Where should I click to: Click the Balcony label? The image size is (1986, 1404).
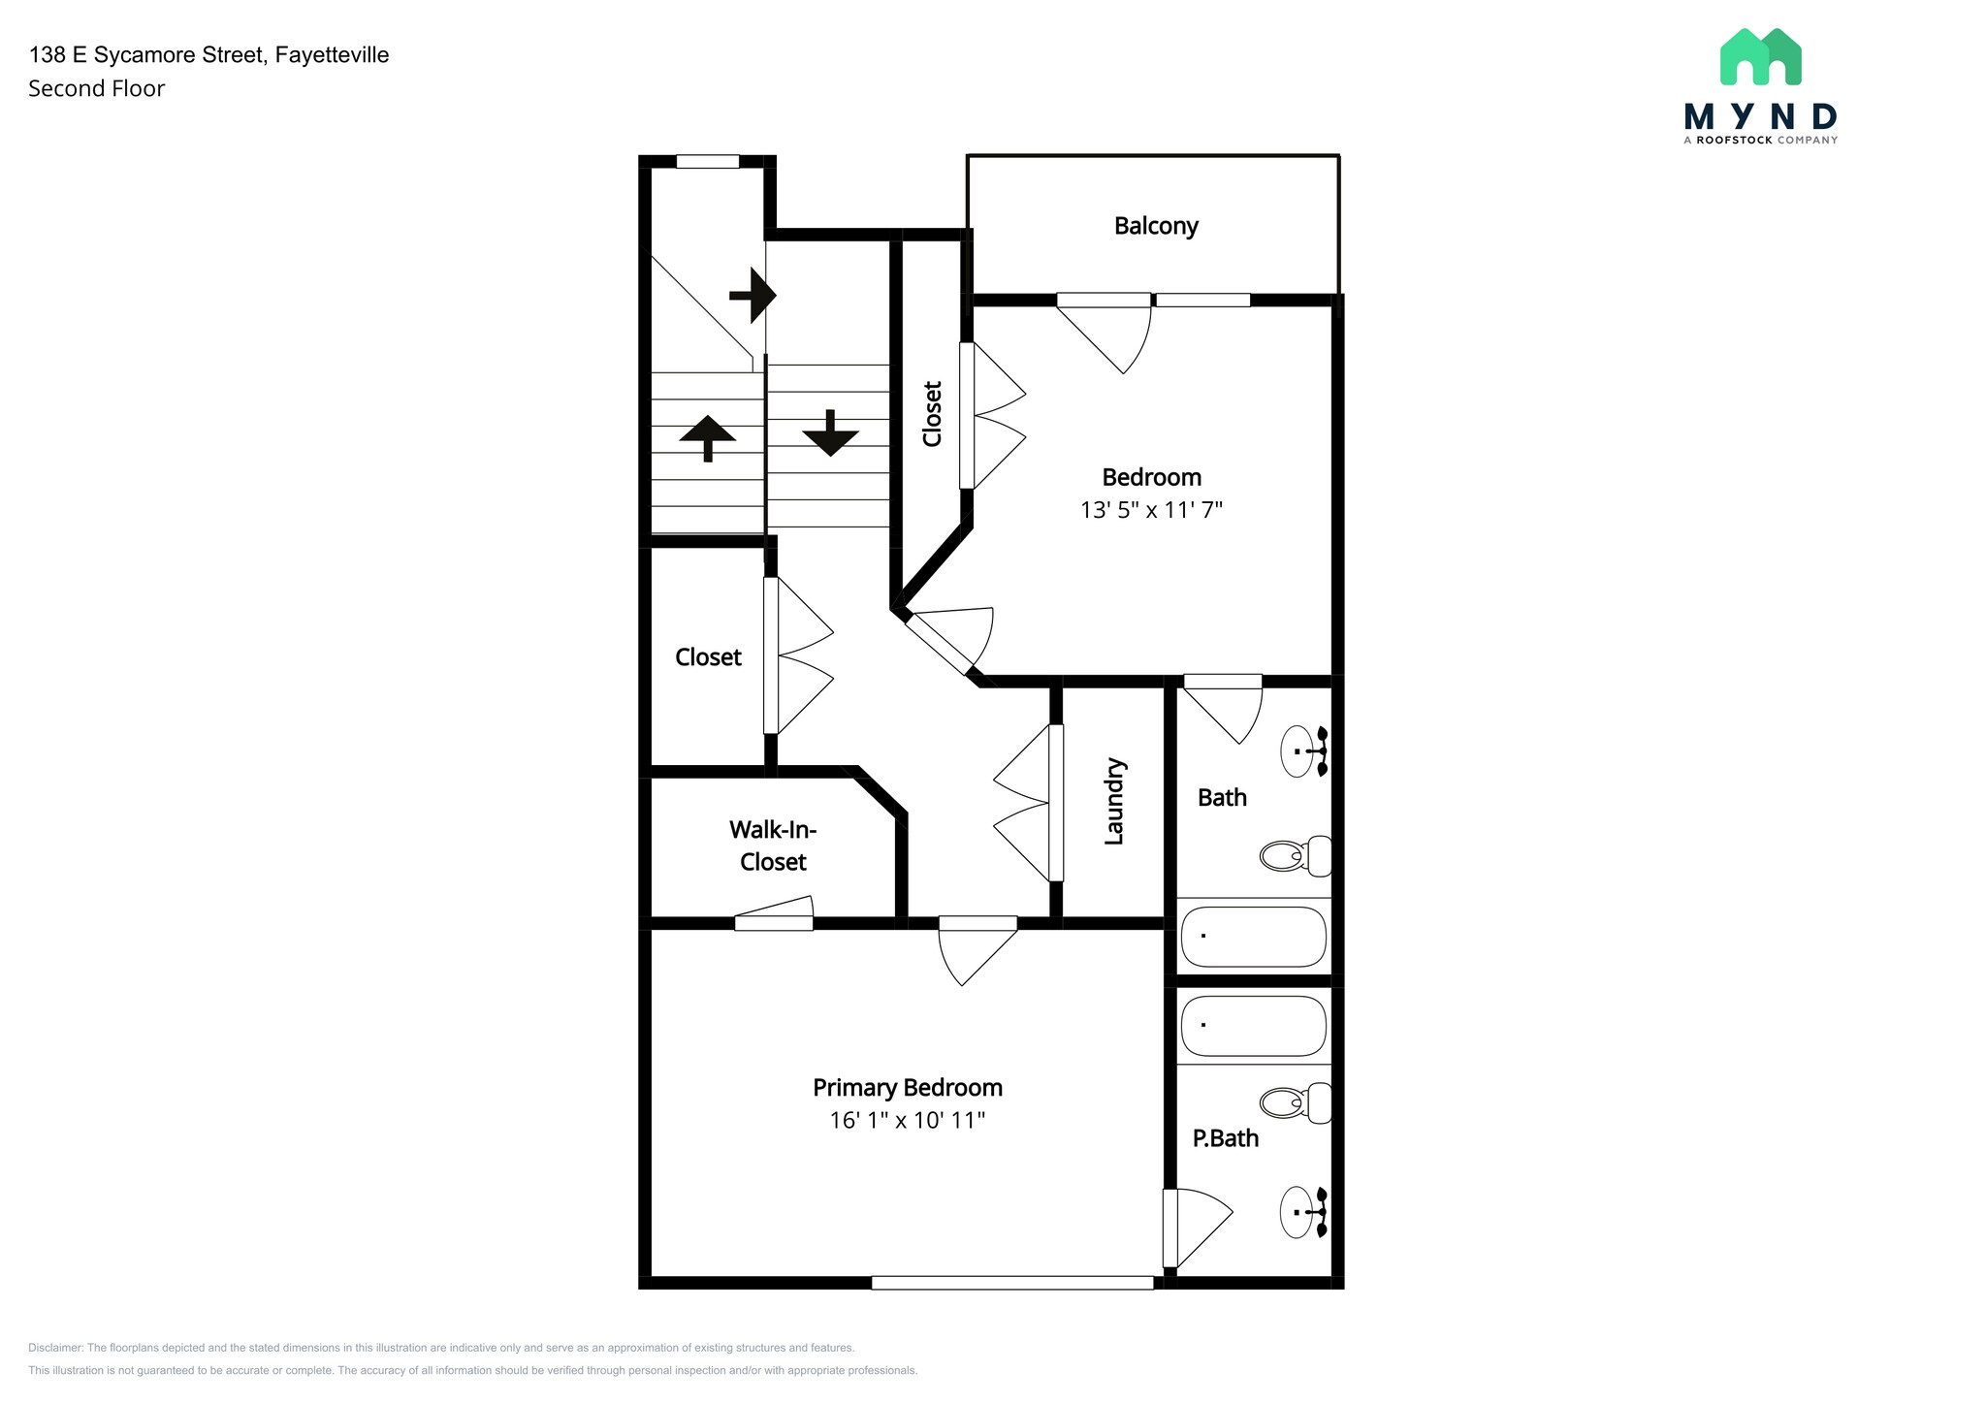pyautogui.click(x=1156, y=226)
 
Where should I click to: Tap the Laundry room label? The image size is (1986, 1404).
pyautogui.click(x=1114, y=801)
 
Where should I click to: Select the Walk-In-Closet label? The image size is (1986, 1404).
pyautogui.click(x=773, y=846)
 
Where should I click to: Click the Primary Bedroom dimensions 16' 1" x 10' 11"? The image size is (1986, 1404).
pyautogui.click(x=908, y=1121)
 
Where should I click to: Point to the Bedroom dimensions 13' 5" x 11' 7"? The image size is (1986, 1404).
pyautogui.click(x=1152, y=510)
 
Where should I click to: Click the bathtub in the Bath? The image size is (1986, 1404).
pyautogui.click(x=1254, y=937)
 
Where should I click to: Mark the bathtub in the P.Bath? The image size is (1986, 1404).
pyautogui.click(x=1254, y=1026)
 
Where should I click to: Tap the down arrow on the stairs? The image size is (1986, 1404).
pyautogui.click(x=830, y=432)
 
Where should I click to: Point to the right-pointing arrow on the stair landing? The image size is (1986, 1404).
pyautogui.click(x=753, y=295)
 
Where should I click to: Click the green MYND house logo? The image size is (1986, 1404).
pyautogui.click(x=1760, y=56)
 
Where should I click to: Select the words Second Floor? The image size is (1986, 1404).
pyautogui.click(x=97, y=88)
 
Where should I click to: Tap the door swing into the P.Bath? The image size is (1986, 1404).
pyautogui.click(x=1198, y=1228)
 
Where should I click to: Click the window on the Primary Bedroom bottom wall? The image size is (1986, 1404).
pyautogui.click(x=1012, y=1283)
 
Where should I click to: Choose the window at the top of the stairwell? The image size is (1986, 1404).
pyautogui.click(x=708, y=162)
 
